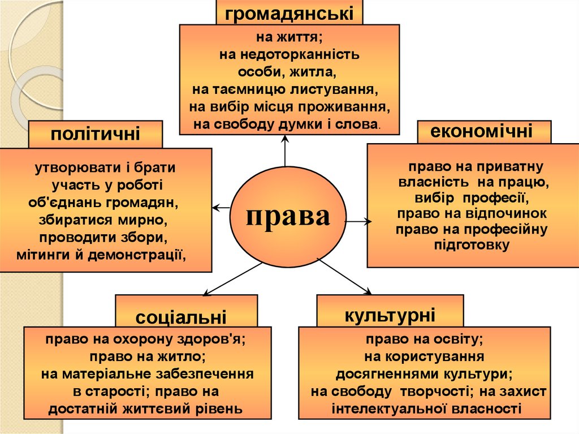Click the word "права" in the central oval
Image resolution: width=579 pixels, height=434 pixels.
288,217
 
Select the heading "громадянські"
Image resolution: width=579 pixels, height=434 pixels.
289,14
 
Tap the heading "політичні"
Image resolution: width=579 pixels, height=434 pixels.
95,134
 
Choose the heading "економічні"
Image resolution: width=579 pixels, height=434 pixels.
481,131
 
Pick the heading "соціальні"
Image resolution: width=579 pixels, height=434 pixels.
181,317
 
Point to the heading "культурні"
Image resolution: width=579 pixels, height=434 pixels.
390,315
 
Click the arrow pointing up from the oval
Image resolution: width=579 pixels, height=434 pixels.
285,151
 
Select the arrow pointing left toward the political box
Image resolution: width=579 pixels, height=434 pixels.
222,208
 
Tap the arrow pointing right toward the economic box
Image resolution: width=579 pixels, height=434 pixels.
358,221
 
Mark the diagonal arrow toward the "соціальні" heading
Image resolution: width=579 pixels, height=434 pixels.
232,279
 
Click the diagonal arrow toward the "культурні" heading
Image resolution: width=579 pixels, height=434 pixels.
344,277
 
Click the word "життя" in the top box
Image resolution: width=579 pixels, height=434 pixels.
301,37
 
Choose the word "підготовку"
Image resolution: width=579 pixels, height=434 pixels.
472,245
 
